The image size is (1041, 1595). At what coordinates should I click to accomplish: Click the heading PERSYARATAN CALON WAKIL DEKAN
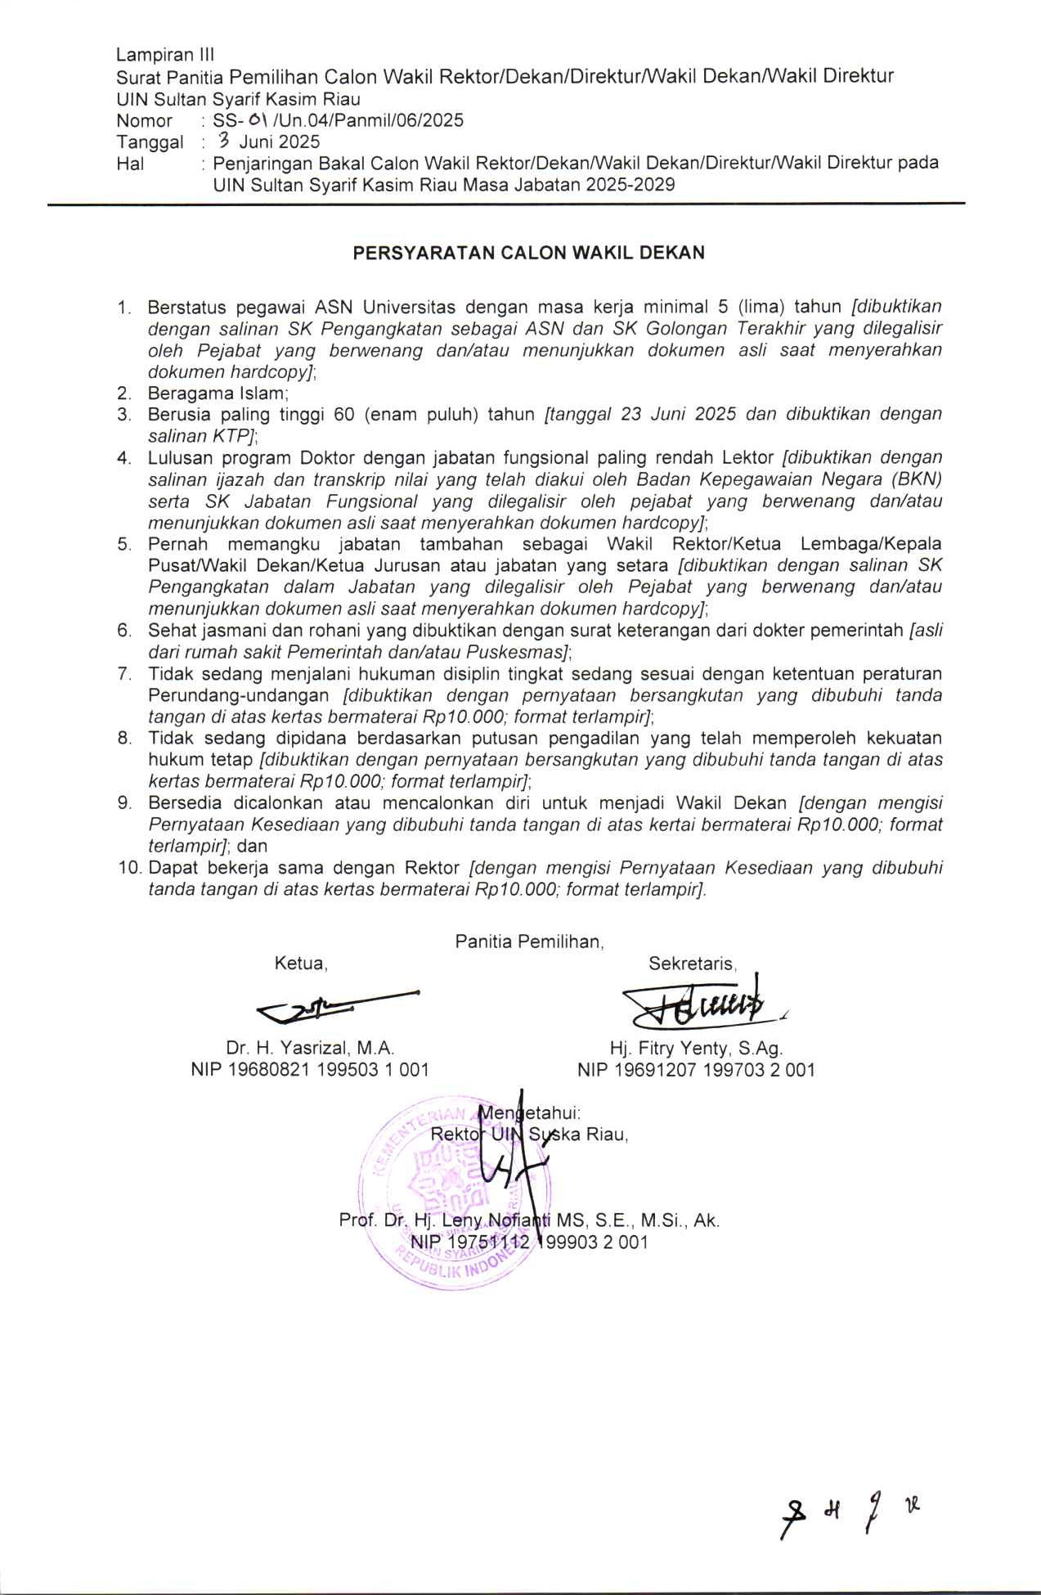(x=528, y=253)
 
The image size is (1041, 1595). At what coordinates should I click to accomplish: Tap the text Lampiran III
(x=165, y=55)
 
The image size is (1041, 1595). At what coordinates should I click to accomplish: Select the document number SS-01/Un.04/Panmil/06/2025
(x=338, y=121)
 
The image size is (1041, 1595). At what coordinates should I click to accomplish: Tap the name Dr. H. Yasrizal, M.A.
(x=310, y=1048)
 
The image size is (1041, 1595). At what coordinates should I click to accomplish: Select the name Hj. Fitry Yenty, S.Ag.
(x=696, y=1048)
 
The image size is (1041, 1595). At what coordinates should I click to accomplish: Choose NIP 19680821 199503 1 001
(x=310, y=1070)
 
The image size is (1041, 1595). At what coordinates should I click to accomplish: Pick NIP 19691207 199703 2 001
(x=696, y=1070)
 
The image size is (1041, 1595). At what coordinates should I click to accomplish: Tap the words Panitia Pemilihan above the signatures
(x=529, y=941)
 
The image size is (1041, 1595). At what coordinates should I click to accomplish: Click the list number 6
(x=124, y=631)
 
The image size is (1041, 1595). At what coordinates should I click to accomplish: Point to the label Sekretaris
(x=692, y=964)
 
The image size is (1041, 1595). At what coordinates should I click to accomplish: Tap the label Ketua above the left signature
(x=300, y=964)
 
